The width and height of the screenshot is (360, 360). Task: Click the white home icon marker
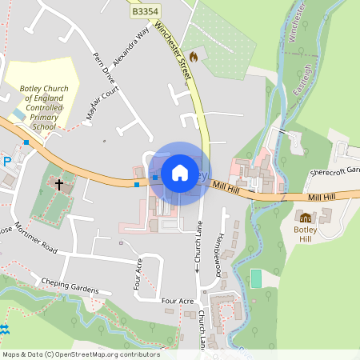180,173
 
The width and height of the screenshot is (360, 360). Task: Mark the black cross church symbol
59,185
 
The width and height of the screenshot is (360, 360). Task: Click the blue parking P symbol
6,161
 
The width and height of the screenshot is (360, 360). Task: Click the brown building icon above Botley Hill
305,217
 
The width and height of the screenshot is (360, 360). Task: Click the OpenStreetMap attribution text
81,354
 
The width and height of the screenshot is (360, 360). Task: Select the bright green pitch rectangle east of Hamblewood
256,278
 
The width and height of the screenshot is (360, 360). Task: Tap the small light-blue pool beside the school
18,114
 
